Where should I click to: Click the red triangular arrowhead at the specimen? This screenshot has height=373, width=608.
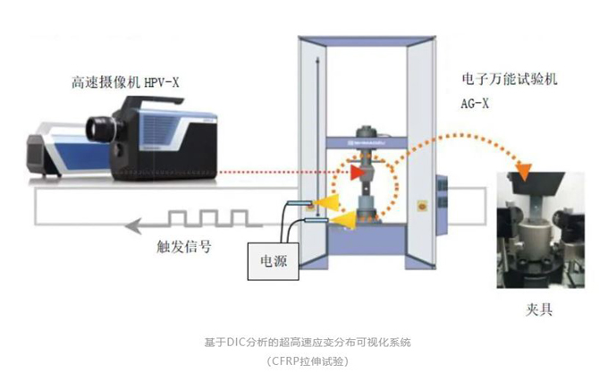[358, 171]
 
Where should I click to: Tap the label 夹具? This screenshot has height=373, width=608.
[540, 309]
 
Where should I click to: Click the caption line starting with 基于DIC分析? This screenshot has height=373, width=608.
[308, 342]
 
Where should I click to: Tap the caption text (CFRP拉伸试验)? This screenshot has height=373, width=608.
[308, 360]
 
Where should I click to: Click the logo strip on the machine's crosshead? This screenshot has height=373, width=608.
[367, 140]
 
